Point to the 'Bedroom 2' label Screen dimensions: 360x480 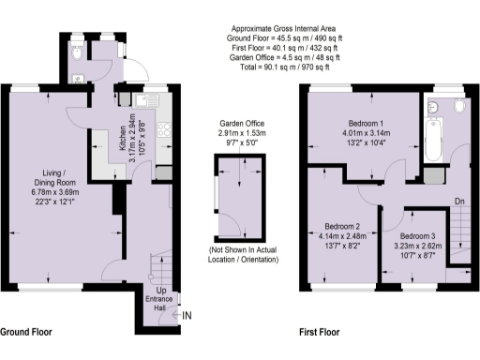tap(343, 226)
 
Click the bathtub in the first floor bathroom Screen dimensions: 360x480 tap(431, 138)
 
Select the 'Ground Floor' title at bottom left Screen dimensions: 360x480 tap(25, 333)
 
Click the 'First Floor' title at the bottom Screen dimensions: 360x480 tap(319, 333)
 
